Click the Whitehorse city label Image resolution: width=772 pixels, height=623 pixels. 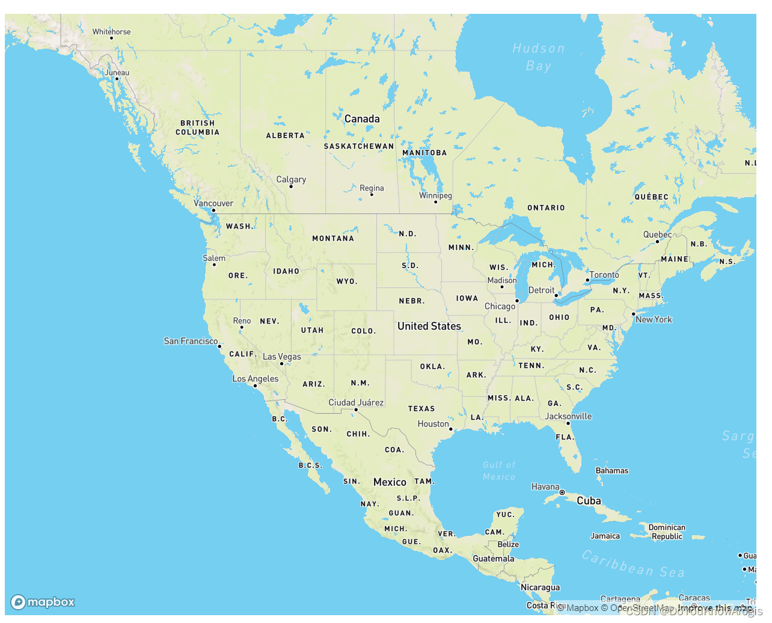(x=111, y=32)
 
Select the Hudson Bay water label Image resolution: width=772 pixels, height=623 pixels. (x=539, y=57)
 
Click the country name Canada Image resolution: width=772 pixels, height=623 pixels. (x=362, y=119)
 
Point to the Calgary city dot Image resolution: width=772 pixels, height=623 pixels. (x=291, y=186)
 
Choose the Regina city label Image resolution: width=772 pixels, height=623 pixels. (x=372, y=188)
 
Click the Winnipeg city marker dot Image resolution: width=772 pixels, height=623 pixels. (x=436, y=202)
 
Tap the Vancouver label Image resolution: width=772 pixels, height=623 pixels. (x=213, y=203)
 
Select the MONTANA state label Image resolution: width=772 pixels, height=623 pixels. (x=333, y=239)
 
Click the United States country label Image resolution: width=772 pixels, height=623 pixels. (x=429, y=326)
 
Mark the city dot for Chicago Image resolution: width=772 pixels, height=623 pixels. (x=517, y=301)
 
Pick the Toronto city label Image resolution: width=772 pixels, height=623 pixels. (x=604, y=275)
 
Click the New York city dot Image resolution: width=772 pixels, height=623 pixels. (x=633, y=314)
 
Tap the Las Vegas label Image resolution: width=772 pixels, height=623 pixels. (x=282, y=357)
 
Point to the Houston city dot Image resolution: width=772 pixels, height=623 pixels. (x=451, y=429)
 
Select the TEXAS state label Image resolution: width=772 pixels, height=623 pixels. (x=421, y=409)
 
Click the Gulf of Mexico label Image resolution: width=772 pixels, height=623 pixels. (x=499, y=471)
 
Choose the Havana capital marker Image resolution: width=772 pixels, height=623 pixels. (x=562, y=493)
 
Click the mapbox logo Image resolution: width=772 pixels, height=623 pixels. (x=43, y=602)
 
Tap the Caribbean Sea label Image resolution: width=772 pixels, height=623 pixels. (x=633, y=564)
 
